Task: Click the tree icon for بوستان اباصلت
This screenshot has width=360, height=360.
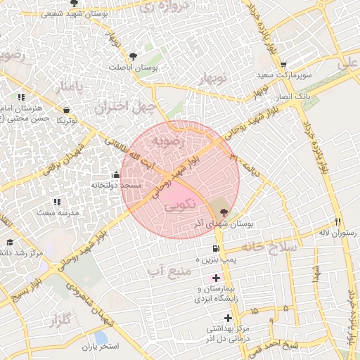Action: (x=134, y=56)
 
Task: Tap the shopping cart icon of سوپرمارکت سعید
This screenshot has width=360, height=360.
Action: (x=302, y=64)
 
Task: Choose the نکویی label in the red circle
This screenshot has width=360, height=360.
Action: (x=180, y=208)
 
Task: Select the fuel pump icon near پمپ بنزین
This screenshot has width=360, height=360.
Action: (x=215, y=249)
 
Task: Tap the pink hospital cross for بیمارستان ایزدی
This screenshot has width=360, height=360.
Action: (x=216, y=278)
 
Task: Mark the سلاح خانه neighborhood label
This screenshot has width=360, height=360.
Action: (x=270, y=247)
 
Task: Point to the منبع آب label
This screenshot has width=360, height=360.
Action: (x=167, y=269)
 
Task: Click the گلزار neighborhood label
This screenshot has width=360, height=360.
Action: (x=61, y=321)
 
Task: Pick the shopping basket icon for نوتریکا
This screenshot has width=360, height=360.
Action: (x=66, y=110)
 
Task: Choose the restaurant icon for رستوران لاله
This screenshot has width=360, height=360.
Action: (x=338, y=221)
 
